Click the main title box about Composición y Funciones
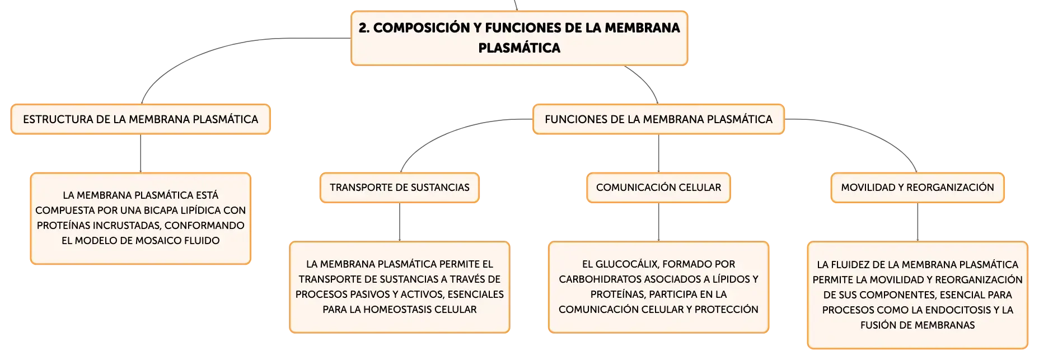click(x=519, y=38)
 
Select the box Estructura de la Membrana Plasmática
click(x=141, y=119)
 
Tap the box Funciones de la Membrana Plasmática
click(x=658, y=119)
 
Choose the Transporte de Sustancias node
click(x=400, y=188)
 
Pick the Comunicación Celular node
click(x=658, y=188)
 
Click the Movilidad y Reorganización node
click(x=918, y=188)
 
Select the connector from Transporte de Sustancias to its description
click(x=400, y=222)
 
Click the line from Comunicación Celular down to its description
click(x=658, y=222)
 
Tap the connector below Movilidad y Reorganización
click(x=918, y=222)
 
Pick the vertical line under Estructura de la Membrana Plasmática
click(x=141, y=153)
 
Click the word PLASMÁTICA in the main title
click(x=519, y=48)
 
